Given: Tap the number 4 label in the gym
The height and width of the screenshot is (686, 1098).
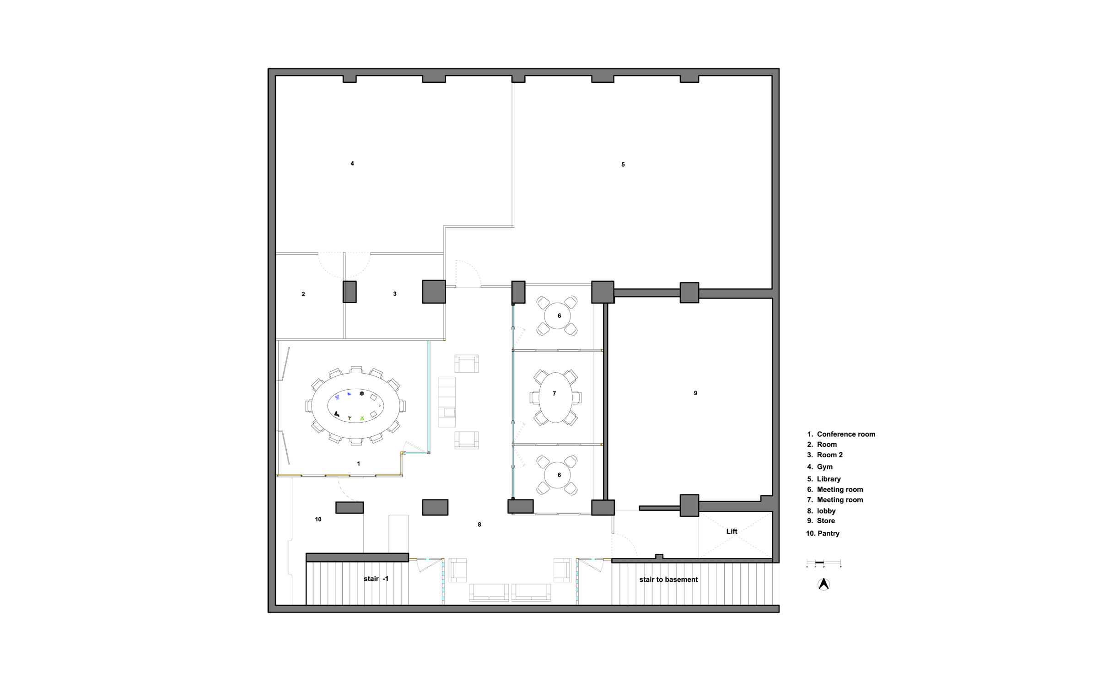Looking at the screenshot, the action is point(352,163).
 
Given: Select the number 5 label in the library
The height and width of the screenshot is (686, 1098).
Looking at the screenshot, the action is point(623,165).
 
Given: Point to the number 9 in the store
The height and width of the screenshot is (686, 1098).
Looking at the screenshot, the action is point(695,393).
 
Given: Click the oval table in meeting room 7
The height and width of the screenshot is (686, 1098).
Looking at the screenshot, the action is point(555,397).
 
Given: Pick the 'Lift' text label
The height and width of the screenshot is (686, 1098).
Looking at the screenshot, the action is point(732,531).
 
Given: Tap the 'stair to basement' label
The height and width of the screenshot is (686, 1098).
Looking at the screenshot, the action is point(668,579).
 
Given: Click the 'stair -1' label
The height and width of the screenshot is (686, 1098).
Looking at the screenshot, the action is point(376,579).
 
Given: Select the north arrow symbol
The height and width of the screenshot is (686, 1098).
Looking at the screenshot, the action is point(823,584).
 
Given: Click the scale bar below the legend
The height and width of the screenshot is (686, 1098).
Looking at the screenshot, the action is point(823,563).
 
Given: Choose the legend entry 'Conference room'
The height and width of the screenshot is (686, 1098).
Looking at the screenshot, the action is point(846,434).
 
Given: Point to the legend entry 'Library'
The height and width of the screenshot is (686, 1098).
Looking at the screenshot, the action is point(829,479).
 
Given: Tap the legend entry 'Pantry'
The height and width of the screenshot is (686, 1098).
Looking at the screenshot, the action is point(829,533).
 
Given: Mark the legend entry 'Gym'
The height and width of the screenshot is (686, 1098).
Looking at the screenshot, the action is point(825,467).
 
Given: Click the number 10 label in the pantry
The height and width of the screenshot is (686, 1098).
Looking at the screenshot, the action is point(318,519).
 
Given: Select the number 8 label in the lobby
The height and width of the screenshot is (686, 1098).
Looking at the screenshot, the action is point(479,525).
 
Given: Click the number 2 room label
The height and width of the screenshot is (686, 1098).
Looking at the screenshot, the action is point(303,294).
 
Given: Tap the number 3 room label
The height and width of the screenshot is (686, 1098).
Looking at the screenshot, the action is point(395,294).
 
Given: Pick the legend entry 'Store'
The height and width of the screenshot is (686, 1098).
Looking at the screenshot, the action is point(826,521).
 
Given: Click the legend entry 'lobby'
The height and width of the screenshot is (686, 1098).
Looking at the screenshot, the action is point(826,511).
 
